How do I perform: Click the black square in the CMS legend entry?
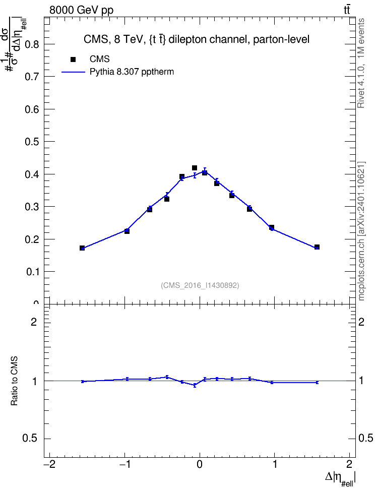[x=73, y=59]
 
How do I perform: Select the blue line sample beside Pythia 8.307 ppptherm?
[x=74, y=72]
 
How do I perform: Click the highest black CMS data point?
[x=195, y=168]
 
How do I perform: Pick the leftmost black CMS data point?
[x=82, y=248]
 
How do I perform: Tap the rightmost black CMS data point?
[x=317, y=247]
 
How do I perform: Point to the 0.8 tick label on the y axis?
[x=32, y=44]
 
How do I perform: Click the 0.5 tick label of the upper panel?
[x=32, y=142]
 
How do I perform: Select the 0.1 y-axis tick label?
[x=32, y=272]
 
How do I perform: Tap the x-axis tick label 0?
[x=200, y=464]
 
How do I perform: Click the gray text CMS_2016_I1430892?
[x=200, y=285]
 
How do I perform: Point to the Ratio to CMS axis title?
[x=14, y=381]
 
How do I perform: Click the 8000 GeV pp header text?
[x=81, y=10]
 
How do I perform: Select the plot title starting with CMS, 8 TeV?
[x=196, y=40]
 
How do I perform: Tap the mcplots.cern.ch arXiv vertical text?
[x=361, y=231]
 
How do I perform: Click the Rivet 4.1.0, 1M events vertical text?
[x=361, y=63]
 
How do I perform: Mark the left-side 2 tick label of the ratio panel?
[x=34, y=322]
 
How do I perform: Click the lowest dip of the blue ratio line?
[x=195, y=385]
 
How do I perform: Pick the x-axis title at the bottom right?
[x=341, y=478]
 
